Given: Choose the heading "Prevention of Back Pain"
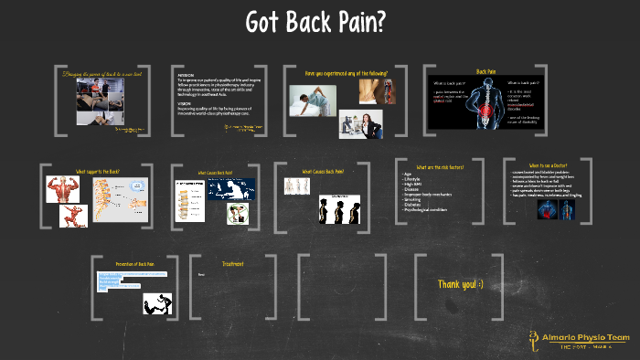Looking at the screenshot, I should pyautogui.click(x=134, y=264).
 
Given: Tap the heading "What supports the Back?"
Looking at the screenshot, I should pyautogui.click(x=98, y=171).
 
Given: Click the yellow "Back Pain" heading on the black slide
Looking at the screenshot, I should pyautogui.click(x=485, y=71).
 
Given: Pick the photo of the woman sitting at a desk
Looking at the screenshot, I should pyautogui.click(x=360, y=123).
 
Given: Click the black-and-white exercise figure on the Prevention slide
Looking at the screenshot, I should pyautogui.click(x=157, y=304).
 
